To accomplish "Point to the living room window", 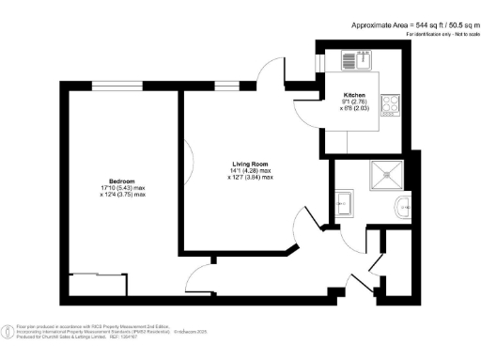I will pyautogui.click(x=226, y=86).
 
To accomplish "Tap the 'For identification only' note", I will pyautogui.click(x=442, y=34).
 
